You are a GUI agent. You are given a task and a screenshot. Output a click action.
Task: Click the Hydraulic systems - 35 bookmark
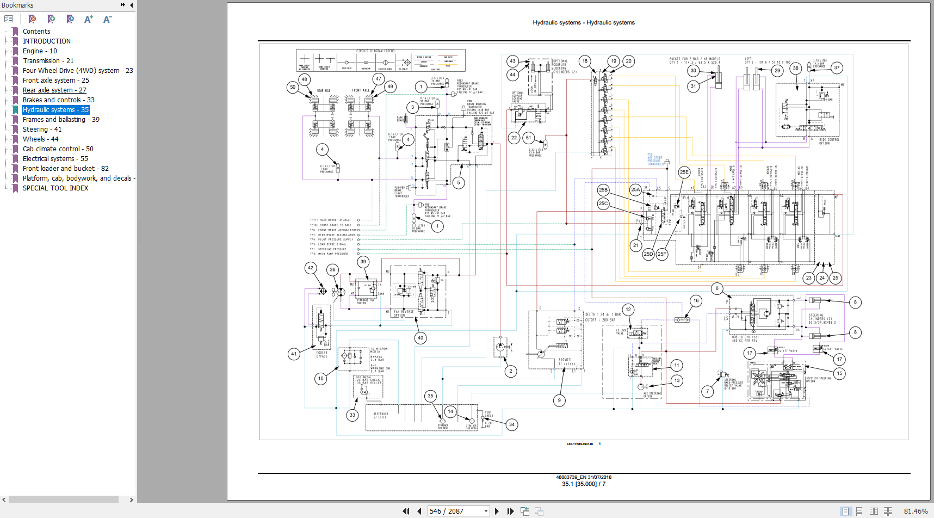pos(55,110)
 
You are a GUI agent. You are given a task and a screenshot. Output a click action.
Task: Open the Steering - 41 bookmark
pos(42,129)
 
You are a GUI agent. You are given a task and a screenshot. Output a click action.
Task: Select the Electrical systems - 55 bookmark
pos(55,159)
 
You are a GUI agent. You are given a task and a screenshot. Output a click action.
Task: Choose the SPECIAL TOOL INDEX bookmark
pos(55,188)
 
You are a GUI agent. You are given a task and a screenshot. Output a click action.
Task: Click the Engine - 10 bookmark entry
pos(40,51)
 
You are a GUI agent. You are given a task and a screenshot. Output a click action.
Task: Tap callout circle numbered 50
pos(293,87)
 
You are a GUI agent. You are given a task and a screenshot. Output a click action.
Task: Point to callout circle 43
pos(512,61)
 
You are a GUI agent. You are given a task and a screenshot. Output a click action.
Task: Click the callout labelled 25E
pos(684,172)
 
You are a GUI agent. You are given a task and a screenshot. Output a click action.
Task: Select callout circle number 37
pos(837,68)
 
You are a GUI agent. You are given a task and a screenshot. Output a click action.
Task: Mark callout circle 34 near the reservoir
pos(511,424)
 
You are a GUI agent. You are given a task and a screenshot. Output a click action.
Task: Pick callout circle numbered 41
pos(294,354)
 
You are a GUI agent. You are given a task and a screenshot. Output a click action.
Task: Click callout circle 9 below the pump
pos(559,400)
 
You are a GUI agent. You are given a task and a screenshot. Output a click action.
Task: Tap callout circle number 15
pos(839,373)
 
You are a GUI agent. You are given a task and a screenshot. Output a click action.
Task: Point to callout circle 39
pos(363,262)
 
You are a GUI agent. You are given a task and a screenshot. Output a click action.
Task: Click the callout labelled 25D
pos(648,254)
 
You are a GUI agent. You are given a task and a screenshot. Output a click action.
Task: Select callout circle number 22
pos(514,138)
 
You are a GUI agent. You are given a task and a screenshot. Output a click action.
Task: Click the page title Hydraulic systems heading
pos(583,23)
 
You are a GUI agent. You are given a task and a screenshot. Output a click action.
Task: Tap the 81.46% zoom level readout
pos(915,511)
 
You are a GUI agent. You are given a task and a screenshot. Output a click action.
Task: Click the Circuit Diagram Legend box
pos(380,60)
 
